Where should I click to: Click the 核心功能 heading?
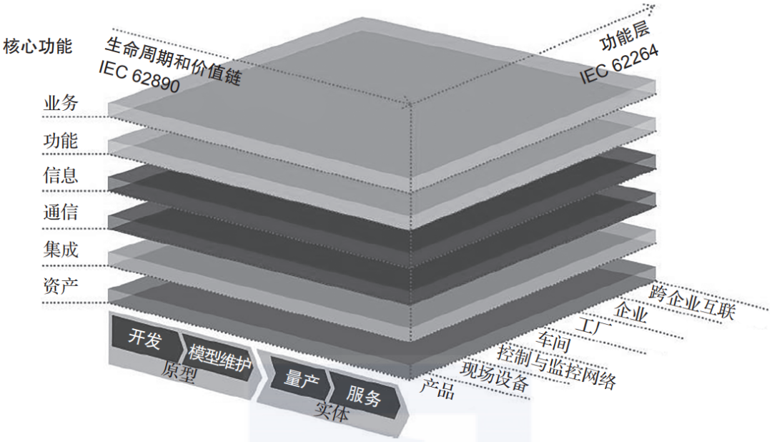click(37, 46)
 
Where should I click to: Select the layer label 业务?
click(61, 103)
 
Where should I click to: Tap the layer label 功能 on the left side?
click(61, 140)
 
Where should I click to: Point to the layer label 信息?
click(61, 175)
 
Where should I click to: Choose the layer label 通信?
click(61, 212)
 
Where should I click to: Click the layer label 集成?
click(61, 250)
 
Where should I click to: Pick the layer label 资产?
click(61, 285)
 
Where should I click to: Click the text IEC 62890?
click(139, 77)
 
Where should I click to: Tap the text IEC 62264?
click(619, 64)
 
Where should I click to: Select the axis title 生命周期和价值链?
click(173, 61)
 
